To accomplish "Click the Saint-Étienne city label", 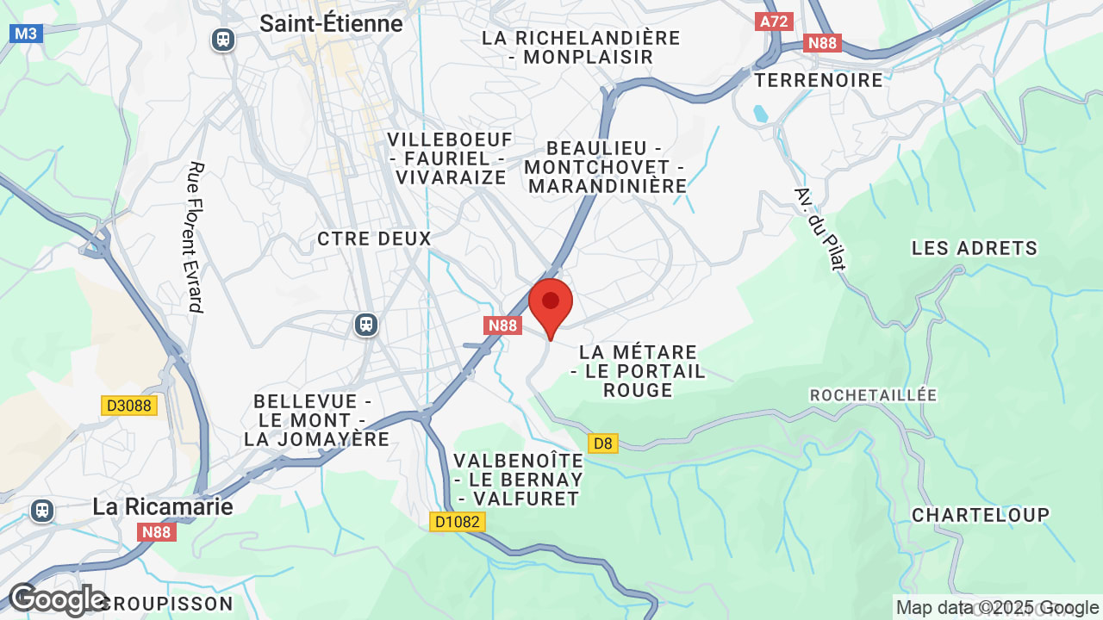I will tap(331, 24).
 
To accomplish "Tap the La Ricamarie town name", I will tap(163, 506).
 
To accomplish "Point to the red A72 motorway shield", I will tap(773, 22).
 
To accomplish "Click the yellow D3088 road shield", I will tap(129, 405).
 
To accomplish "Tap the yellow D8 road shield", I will tap(603, 443).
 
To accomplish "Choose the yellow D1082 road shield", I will tap(458, 522).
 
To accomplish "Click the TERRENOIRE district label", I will tap(819, 80).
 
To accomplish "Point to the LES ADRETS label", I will tap(974, 248).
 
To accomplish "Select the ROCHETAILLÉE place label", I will tap(873, 394).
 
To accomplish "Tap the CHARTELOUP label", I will tap(981, 515).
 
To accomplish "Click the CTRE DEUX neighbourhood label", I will tap(374, 239).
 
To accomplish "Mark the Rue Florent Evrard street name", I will tap(196, 237).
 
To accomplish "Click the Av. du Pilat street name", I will tap(820, 228).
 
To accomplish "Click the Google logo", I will tap(57, 599).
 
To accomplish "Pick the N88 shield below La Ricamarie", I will tap(157, 532).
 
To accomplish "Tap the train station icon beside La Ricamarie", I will tap(41, 511).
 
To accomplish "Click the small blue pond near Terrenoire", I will tap(759, 114).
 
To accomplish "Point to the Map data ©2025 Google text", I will tap(997, 608).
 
